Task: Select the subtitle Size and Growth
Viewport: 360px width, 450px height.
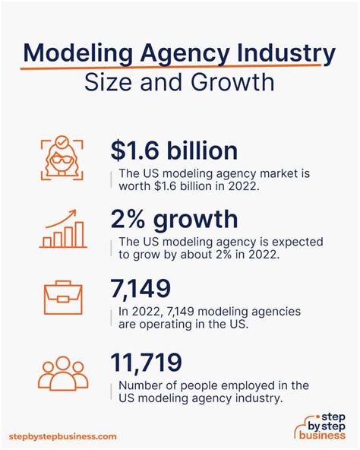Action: pos(180,82)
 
